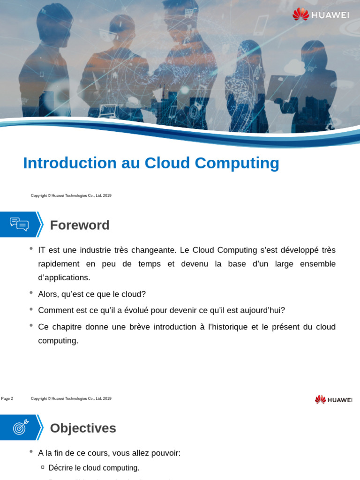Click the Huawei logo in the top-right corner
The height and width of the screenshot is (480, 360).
(321, 15)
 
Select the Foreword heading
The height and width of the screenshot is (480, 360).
(80, 225)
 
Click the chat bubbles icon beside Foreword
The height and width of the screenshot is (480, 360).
(19, 225)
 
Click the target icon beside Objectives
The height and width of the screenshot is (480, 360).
(21, 427)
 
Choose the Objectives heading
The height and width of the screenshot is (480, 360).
(83, 428)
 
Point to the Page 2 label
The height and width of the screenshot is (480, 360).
(7, 398)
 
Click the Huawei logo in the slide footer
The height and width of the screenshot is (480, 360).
(333, 399)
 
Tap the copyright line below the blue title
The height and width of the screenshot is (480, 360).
(71, 195)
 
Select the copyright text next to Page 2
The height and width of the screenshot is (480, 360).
(71, 398)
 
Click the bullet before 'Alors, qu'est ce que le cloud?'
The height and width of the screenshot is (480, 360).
(31, 293)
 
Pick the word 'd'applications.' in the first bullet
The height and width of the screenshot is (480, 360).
(64, 277)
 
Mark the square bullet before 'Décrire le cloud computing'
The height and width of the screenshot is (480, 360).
(43, 467)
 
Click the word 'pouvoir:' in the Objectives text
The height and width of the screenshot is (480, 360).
(166, 453)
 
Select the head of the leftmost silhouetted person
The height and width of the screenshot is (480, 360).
(56, 23)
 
